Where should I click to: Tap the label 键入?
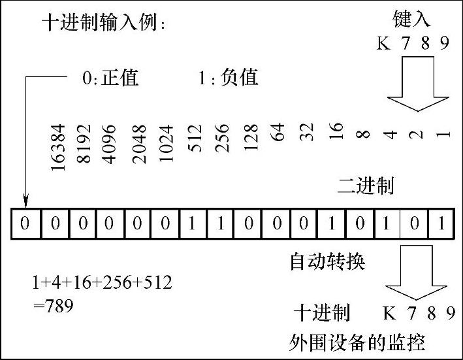(411, 18)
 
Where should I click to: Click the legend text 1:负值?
(229, 79)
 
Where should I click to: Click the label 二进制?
(365, 187)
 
